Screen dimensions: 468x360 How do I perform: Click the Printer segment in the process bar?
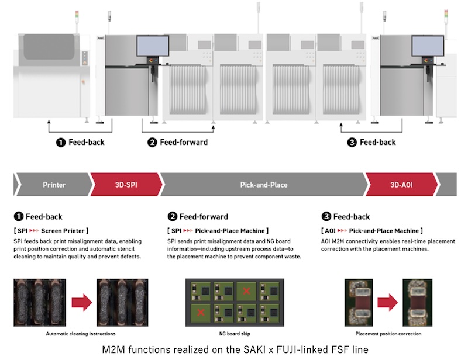point(54,185)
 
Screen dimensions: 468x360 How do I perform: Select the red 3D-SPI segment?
point(126,185)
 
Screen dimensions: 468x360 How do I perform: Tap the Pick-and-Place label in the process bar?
point(264,185)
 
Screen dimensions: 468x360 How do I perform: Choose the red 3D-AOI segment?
point(401,185)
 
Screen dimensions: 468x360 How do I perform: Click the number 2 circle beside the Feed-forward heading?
point(172,216)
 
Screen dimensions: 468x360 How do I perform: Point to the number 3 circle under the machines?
point(352,142)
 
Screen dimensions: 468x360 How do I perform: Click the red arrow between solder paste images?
point(82,303)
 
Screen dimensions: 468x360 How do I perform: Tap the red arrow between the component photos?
point(387,303)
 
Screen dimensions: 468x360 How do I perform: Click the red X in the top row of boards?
point(246,290)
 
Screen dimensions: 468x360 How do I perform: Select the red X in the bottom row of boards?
point(201,312)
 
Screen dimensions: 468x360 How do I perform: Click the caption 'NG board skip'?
point(235,334)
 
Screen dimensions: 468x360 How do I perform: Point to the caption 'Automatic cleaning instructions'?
point(81,334)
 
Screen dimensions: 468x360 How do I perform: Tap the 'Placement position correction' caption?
point(388,334)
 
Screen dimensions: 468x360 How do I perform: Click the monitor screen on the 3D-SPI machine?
point(153,46)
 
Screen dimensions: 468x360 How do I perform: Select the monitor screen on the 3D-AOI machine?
point(428,46)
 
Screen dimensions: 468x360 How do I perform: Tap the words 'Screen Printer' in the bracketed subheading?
point(63,231)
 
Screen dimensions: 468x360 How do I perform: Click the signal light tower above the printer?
point(77,22)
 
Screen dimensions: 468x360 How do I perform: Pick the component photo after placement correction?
point(417,303)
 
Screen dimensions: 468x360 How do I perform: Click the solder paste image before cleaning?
point(40,303)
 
